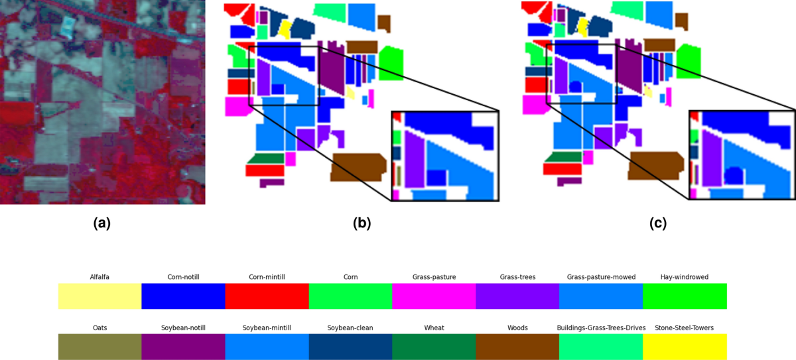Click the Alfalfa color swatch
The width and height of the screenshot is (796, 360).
[99, 296]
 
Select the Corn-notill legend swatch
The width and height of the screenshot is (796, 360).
[183, 296]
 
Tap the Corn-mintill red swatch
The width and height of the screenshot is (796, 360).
[267, 296]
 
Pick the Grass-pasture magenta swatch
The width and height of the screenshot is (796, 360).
[434, 296]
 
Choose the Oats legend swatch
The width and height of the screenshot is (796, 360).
[99, 347]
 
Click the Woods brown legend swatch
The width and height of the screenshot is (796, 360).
[517, 347]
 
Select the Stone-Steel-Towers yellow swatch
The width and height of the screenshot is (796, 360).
[685, 347]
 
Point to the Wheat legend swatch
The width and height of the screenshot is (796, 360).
[434, 347]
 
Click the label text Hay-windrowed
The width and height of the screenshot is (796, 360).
[685, 276]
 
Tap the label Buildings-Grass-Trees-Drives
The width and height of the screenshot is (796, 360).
[601, 328]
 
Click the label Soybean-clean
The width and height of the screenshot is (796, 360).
[350, 328]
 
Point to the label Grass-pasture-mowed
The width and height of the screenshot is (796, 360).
[601, 276]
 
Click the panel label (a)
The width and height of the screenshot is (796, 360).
[101, 223]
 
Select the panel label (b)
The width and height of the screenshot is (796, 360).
[362, 223]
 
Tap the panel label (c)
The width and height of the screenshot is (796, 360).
[658, 223]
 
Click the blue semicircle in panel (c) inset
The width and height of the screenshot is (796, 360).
[733, 176]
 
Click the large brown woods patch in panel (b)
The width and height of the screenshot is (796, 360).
[359, 166]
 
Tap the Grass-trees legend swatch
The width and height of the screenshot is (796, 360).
[517, 296]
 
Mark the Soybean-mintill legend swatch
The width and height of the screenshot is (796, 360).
[267, 347]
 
